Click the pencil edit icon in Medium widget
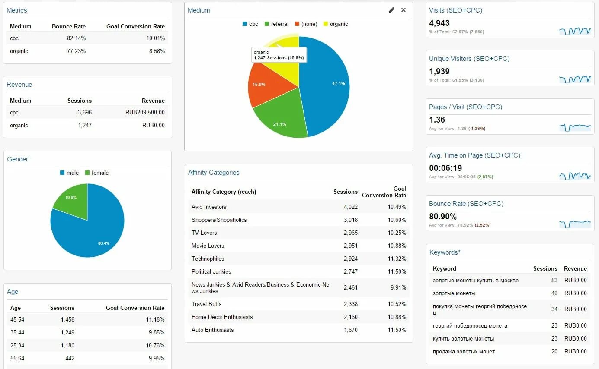click(x=391, y=10)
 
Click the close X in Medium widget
click(x=404, y=10)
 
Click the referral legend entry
click(x=276, y=24)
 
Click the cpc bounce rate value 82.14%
click(x=76, y=38)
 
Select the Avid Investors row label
click(x=209, y=207)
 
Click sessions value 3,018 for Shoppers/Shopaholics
click(x=350, y=220)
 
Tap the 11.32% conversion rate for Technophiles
click(x=397, y=259)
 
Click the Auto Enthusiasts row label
click(x=212, y=330)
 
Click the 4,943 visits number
click(x=439, y=23)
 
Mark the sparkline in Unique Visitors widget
click(x=575, y=79)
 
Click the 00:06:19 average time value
click(x=445, y=168)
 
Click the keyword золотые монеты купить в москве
click(x=475, y=281)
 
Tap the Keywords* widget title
click(x=445, y=252)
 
